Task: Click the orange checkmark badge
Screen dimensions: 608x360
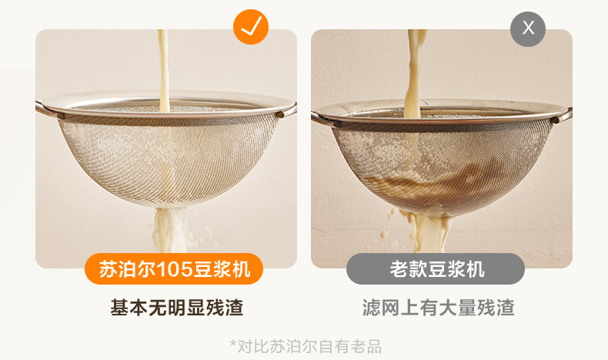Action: pos(250,27)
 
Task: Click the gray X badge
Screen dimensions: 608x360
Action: pos(528,28)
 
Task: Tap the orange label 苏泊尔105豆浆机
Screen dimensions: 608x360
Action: pos(174,269)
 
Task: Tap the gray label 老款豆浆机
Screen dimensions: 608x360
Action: pos(436,269)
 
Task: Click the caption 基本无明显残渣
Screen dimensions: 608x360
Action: pos(177,308)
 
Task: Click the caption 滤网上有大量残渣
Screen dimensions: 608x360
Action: pos(439,308)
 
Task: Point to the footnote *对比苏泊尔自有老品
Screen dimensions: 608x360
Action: pos(306,346)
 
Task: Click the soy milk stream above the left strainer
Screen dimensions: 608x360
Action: pos(164,70)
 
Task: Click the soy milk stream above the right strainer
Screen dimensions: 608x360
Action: pos(414,73)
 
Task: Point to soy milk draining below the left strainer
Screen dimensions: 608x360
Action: pos(171,230)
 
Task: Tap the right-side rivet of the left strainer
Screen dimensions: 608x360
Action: pos(280,115)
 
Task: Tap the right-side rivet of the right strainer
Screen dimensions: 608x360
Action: pos(556,120)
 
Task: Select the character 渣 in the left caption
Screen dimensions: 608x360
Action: pos(234,308)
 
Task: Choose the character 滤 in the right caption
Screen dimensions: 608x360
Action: pos(372,308)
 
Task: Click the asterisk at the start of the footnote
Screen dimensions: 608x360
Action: pos(233,343)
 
